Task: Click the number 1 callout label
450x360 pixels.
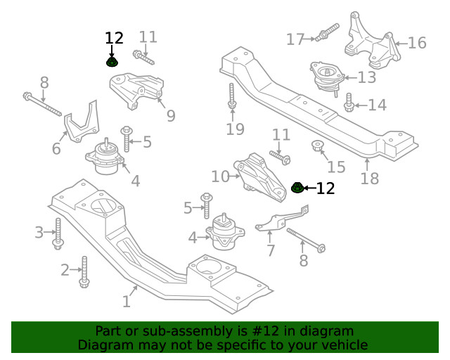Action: click(x=127, y=302)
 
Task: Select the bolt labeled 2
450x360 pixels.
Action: click(x=84, y=272)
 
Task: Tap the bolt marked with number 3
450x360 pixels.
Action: click(x=58, y=233)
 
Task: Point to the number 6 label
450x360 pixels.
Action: click(x=56, y=148)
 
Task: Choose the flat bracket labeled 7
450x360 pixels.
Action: click(x=279, y=220)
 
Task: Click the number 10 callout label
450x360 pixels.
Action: click(x=220, y=176)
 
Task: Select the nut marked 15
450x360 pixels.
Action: click(x=317, y=147)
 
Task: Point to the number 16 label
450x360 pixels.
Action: click(x=417, y=43)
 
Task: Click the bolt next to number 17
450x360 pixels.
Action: click(x=328, y=32)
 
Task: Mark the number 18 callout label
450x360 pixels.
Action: click(x=369, y=179)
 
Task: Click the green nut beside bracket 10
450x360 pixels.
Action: click(x=297, y=188)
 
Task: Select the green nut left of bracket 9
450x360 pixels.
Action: click(x=112, y=62)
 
